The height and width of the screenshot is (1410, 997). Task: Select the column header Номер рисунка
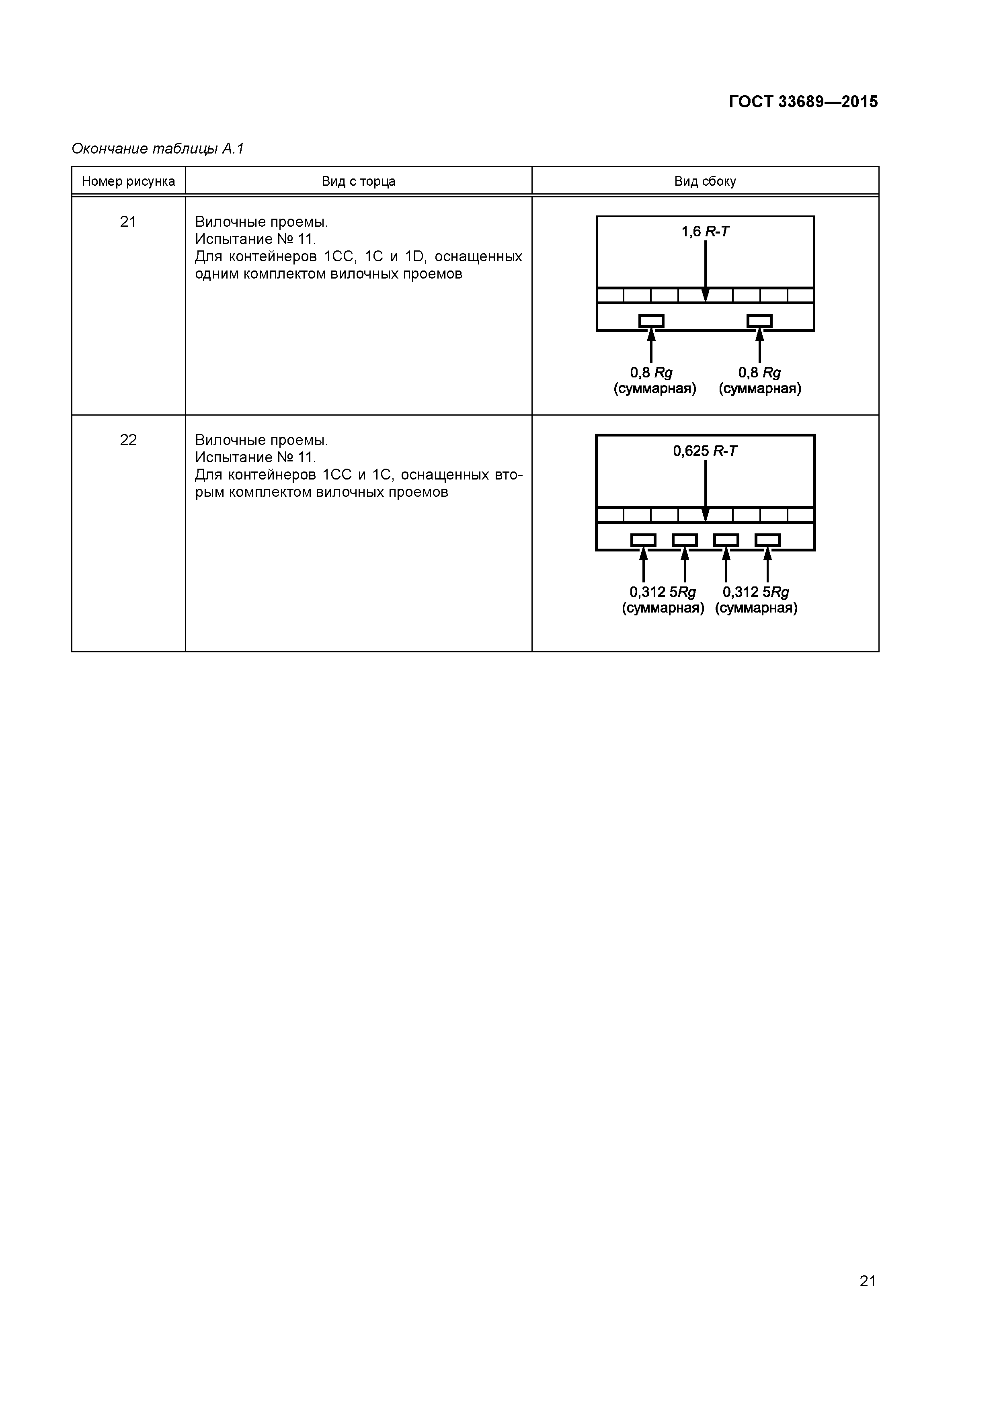(x=128, y=181)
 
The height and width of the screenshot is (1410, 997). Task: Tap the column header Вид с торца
(x=358, y=181)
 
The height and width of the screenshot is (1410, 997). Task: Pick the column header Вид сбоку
(x=705, y=181)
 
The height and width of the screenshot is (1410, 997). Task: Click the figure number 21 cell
(x=128, y=222)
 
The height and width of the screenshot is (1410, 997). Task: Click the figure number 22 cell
(x=128, y=440)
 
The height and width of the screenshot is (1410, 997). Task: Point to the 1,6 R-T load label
(x=705, y=232)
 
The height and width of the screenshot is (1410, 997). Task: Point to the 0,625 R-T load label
(x=705, y=451)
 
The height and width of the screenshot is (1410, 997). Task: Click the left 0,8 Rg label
(x=651, y=373)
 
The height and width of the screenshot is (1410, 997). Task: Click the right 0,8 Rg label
(x=759, y=373)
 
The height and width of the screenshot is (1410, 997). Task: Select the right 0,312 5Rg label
(x=755, y=592)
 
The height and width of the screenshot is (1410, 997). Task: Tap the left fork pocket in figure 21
(x=651, y=321)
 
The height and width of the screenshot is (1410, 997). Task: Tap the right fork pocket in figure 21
(x=759, y=321)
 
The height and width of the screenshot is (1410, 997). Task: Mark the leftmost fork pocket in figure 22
(x=643, y=540)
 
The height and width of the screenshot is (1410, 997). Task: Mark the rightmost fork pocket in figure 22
(x=767, y=540)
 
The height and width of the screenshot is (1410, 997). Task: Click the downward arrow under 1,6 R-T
(x=705, y=270)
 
